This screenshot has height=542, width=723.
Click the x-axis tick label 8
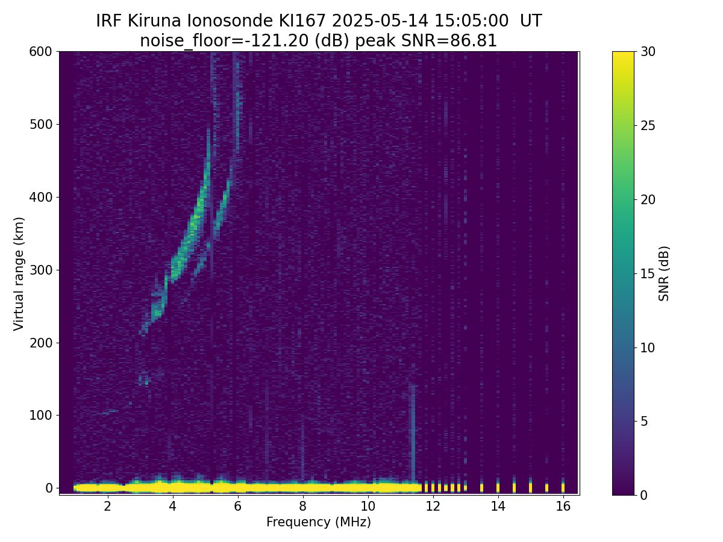[x=302, y=506]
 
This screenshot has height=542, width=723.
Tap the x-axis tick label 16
[x=563, y=506]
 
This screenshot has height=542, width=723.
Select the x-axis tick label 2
[x=107, y=506]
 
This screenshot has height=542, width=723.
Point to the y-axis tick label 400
[x=41, y=197]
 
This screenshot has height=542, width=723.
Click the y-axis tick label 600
[x=41, y=52]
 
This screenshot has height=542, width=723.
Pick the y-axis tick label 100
[x=41, y=415]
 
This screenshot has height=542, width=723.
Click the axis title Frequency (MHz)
[x=319, y=522]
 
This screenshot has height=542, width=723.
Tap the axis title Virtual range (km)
[x=19, y=273]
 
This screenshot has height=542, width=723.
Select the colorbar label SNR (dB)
[x=664, y=273]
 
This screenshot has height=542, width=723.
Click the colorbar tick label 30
[x=649, y=52]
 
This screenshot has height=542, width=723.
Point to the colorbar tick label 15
[x=649, y=273]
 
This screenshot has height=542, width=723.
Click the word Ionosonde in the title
[x=225, y=21]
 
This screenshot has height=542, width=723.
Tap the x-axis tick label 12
[x=433, y=506]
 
